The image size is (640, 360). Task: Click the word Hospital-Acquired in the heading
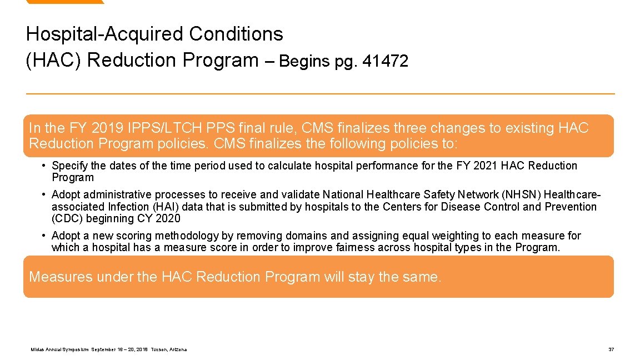[105, 34]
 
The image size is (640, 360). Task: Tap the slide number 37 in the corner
[611, 349]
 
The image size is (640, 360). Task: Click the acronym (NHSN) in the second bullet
[521, 194]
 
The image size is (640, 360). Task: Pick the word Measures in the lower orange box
[61, 277]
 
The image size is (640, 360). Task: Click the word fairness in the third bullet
[356, 247]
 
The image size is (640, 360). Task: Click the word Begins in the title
[304, 62]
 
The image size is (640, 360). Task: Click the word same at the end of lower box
[424, 277]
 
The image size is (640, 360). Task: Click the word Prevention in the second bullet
[572, 207]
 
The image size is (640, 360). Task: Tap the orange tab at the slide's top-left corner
[64, 2]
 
